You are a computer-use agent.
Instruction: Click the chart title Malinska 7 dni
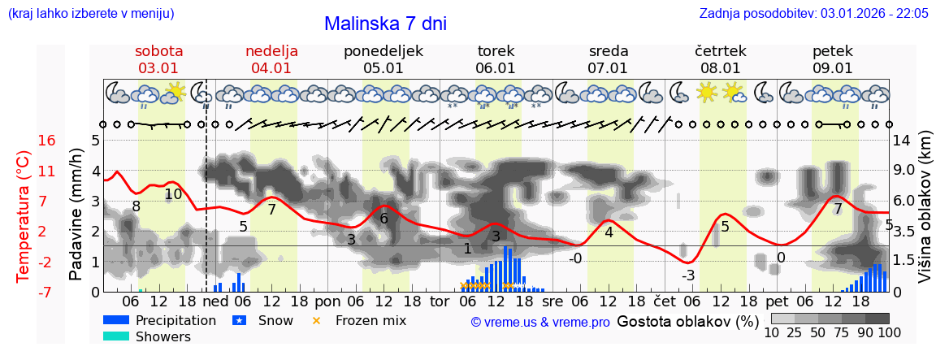click(x=385, y=24)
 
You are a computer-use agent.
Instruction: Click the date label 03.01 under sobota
click(x=158, y=68)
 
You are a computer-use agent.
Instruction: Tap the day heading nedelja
click(x=271, y=51)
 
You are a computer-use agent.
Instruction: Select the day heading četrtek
click(x=720, y=51)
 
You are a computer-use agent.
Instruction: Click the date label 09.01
click(x=832, y=68)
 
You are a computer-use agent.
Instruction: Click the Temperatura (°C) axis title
click(x=23, y=215)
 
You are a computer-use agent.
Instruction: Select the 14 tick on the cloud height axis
click(x=902, y=141)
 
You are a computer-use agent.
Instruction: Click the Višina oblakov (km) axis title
click(x=924, y=215)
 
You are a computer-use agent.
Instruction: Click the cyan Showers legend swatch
click(x=115, y=336)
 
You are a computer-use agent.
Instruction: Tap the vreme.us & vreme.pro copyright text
click(x=539, y=322)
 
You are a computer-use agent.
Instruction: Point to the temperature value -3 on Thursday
click(x=687, y=275)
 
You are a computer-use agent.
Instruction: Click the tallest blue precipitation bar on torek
click(x=505, y=269)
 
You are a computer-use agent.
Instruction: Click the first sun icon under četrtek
click(x=707, y=93)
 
